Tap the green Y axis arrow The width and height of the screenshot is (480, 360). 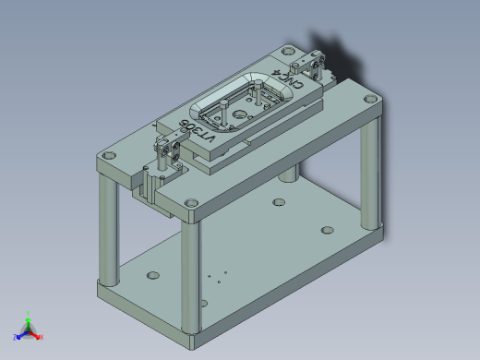point(29,318)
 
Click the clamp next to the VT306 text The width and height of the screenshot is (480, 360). point(168,149)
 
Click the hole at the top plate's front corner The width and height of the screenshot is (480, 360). point(191,203)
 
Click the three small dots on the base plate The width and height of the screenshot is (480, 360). point(216,276)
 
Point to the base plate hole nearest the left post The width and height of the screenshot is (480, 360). point(151,274)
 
